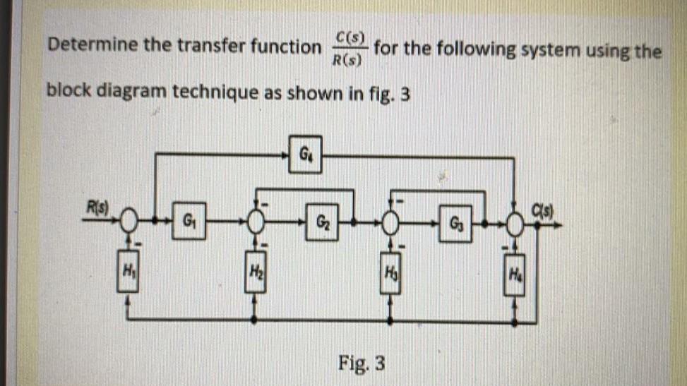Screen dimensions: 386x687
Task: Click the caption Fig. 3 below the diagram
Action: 362,363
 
